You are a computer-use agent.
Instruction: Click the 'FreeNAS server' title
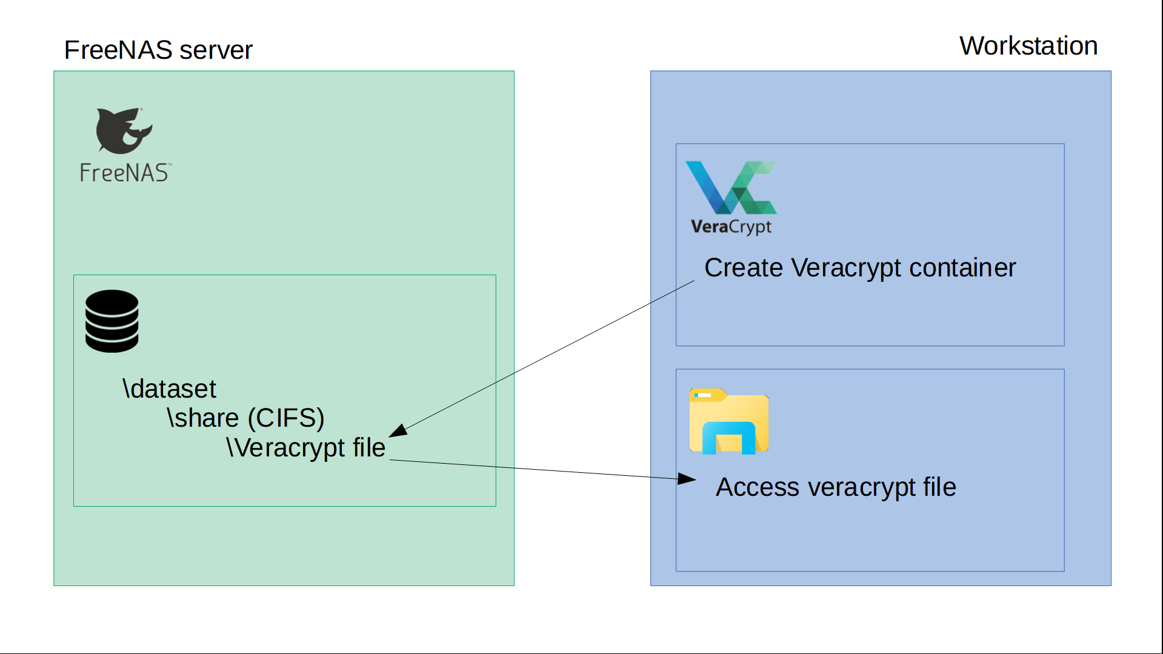coord(158,50)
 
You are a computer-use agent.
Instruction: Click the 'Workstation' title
coord(1028,46)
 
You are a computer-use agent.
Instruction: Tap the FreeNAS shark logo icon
coord(124,130)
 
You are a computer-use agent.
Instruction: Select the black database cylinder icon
coord(112,321)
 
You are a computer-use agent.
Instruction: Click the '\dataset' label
coord(169,389)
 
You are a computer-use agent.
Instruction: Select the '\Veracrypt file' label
coord(305,448)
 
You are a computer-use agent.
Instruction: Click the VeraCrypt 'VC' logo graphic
coord(730,187)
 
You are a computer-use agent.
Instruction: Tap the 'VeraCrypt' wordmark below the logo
coord(731,227)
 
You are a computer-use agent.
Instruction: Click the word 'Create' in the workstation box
coord(743,268)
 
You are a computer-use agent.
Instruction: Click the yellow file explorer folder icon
coord(728,421)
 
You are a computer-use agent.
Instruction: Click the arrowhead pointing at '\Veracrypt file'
coord(398,431)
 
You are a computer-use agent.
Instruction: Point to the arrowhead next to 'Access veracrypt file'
coord(687,479)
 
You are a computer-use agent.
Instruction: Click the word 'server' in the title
coord(216,50)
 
